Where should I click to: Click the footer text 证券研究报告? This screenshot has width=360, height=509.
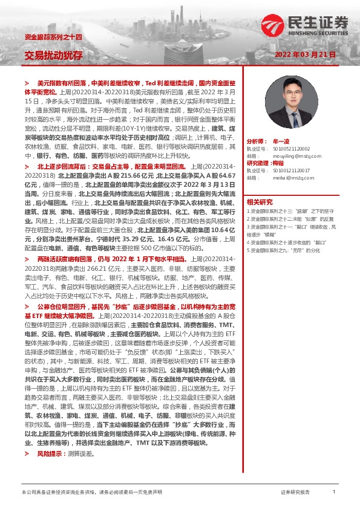tap(295, 493)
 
